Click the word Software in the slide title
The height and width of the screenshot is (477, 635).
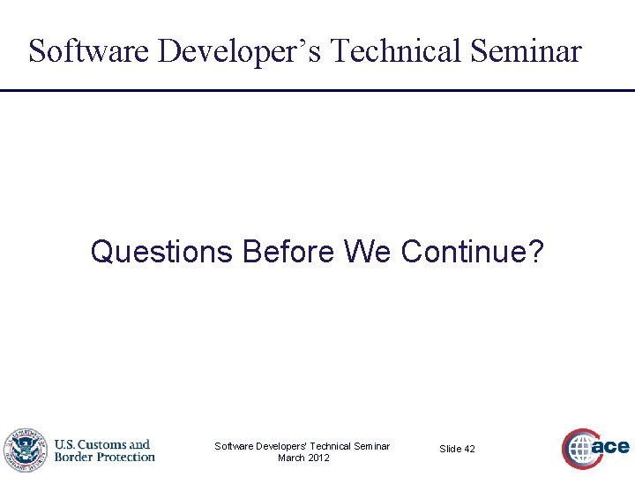coord(89,51)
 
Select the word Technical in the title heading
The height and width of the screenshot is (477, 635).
coord(393,51)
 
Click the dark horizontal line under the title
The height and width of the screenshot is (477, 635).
coord(317,90)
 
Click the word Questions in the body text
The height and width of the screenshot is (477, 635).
coord(161,253)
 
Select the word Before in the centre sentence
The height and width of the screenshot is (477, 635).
coord(288,253)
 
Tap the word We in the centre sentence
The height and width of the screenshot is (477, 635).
coord(368,253)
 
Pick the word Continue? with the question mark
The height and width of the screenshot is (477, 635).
coord(473,253)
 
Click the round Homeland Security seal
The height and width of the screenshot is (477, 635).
coord(24,450)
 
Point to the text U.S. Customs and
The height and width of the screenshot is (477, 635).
coord(102,444)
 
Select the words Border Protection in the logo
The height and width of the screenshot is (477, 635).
coord(104,457)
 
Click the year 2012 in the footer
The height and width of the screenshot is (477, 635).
coord(318,458)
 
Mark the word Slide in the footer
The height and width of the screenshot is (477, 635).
coord(450,449)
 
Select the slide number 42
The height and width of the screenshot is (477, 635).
coord(469,449)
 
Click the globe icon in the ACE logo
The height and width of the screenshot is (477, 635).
coord(580,449)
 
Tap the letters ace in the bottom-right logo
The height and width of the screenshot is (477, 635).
coord(611,447)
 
